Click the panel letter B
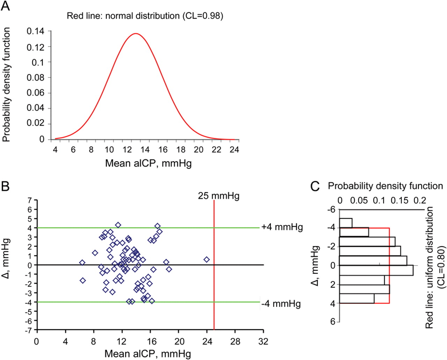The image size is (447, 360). (5, 186)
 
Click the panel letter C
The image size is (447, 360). (315, 186)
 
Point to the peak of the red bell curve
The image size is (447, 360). (135, 34)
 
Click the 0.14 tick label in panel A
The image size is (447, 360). (36, 31)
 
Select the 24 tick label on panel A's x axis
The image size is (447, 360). (234, 150)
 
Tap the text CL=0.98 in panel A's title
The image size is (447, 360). (204, 16)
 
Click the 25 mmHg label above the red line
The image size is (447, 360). (219, 196)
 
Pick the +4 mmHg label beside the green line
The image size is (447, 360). (282, 227)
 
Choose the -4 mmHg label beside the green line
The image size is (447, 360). (281, 303)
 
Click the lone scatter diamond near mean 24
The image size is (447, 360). (206, 260)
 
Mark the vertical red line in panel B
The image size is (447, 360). (214, 279)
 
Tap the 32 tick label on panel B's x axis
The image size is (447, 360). (263, 341)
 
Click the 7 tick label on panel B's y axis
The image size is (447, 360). (30, 200)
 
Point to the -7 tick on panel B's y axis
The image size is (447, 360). (30, 330)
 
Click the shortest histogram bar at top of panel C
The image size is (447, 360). (346, 223)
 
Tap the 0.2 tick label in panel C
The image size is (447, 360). (422, 201)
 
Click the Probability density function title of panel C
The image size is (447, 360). (385, 186)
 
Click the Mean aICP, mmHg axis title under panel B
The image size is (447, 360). (148, 353)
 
